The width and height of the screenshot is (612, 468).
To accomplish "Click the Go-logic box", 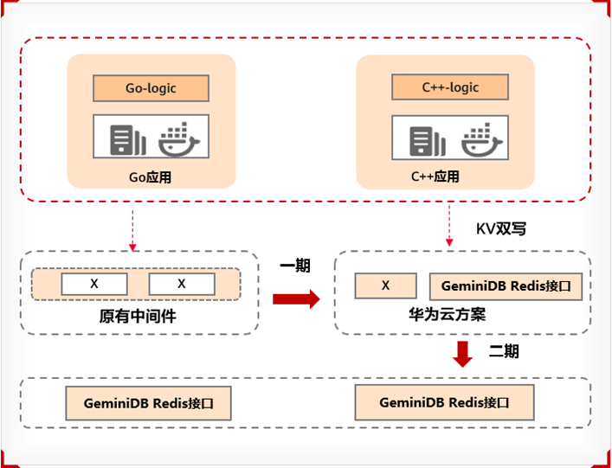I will click(x=151, y=87).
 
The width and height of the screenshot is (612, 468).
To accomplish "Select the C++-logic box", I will click(x=450, y=87).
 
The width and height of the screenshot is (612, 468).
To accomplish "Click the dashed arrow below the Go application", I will click(x=132, y=228).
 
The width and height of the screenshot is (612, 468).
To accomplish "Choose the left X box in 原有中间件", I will click(x=94, y=284).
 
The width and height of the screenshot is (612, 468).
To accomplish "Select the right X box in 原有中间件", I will click(x=182, y=284).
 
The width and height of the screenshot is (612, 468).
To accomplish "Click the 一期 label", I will click(x=295, y=266).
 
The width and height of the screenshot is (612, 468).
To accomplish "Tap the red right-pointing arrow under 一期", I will click(x=295, y=298).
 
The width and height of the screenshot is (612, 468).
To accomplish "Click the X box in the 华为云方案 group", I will click(x=386, y=286).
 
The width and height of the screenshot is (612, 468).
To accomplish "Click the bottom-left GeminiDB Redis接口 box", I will click(x=148, y=403).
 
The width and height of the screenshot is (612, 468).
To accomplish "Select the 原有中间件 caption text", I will click(x=138, y=317).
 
